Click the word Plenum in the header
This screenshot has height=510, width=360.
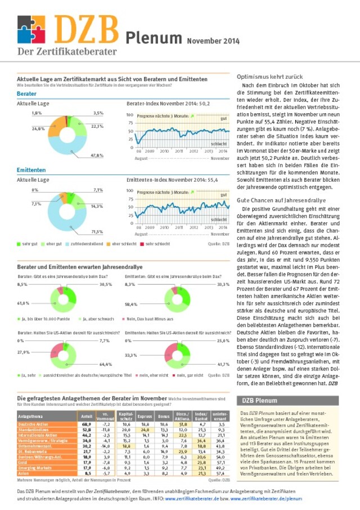(153, 38)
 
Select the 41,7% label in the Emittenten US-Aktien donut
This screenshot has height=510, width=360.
(223, 365)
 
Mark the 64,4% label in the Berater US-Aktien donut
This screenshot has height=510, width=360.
(106, 365)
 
